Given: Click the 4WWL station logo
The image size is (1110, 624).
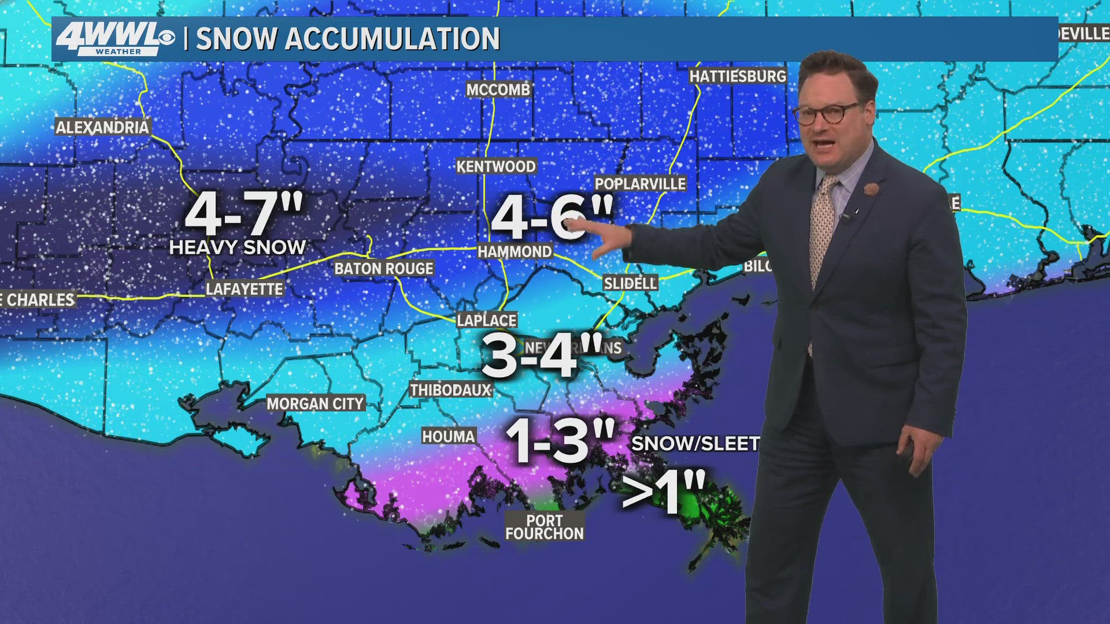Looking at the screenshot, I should point(114,39).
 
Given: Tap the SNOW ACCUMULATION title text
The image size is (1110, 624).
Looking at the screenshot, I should point(347,39).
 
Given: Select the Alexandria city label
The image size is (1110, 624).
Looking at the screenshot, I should point(102,127).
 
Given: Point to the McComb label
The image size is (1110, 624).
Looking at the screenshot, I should point(498,90).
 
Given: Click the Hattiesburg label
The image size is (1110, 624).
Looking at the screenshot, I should point(738,76).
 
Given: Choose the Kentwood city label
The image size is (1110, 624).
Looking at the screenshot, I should point(496,166).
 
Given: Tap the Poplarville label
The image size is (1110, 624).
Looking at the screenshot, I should point(640,184).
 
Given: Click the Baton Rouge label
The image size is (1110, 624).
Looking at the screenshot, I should point(384,268).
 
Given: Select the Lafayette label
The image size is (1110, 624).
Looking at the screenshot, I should point(245,289).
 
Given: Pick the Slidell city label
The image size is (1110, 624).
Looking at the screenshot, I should point(630,283).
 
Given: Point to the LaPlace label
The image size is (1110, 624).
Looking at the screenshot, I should point(487,320).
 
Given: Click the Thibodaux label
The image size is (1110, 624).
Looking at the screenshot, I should point(450,390).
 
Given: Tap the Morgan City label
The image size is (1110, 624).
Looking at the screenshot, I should point(315,403).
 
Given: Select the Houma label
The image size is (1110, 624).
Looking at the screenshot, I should point(449,436).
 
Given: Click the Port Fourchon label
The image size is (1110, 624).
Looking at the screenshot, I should point(545,527).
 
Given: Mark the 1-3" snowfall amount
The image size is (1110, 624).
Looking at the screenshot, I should point(560,441).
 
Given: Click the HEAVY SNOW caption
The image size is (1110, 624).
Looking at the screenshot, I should point(237,247).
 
